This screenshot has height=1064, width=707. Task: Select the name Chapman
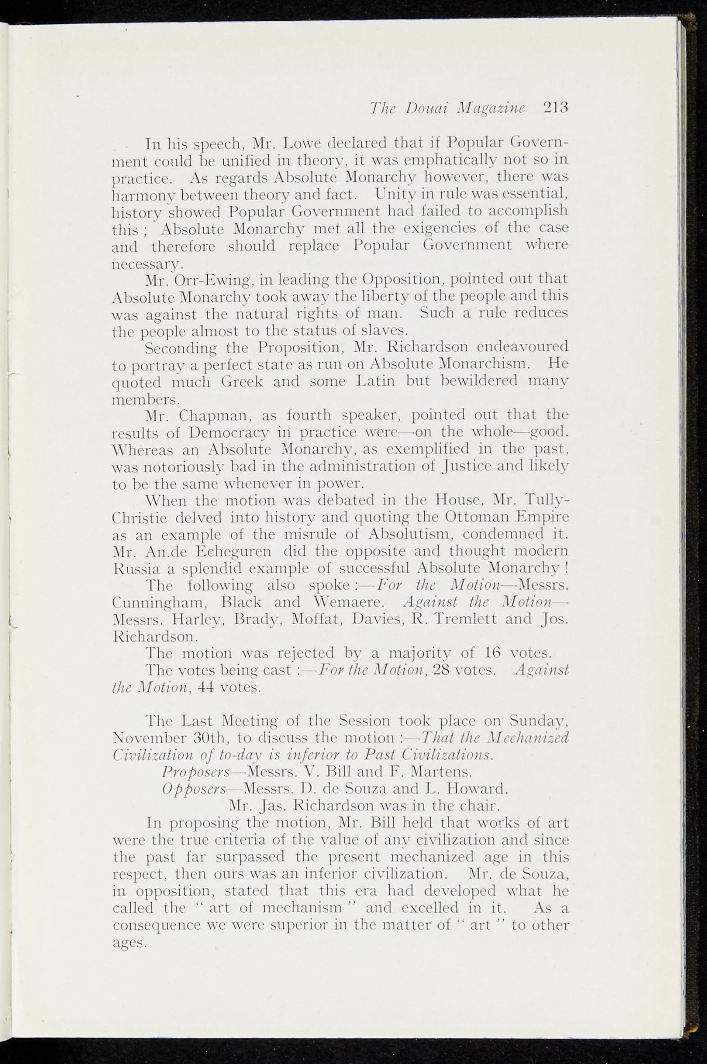[x=214, y=415]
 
